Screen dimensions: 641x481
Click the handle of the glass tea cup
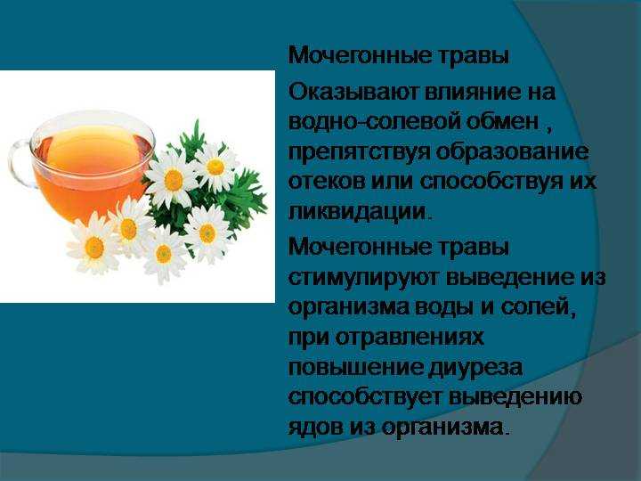(16, 164)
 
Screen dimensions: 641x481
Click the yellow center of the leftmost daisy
(94, 248)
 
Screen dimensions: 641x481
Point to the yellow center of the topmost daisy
(215, 167)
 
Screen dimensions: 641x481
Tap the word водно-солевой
(375, 122)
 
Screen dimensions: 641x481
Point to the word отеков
(327, 182)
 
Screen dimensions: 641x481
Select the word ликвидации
(357, 213)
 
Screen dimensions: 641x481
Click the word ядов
(316, 428)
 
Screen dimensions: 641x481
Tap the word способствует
(365, 397)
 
